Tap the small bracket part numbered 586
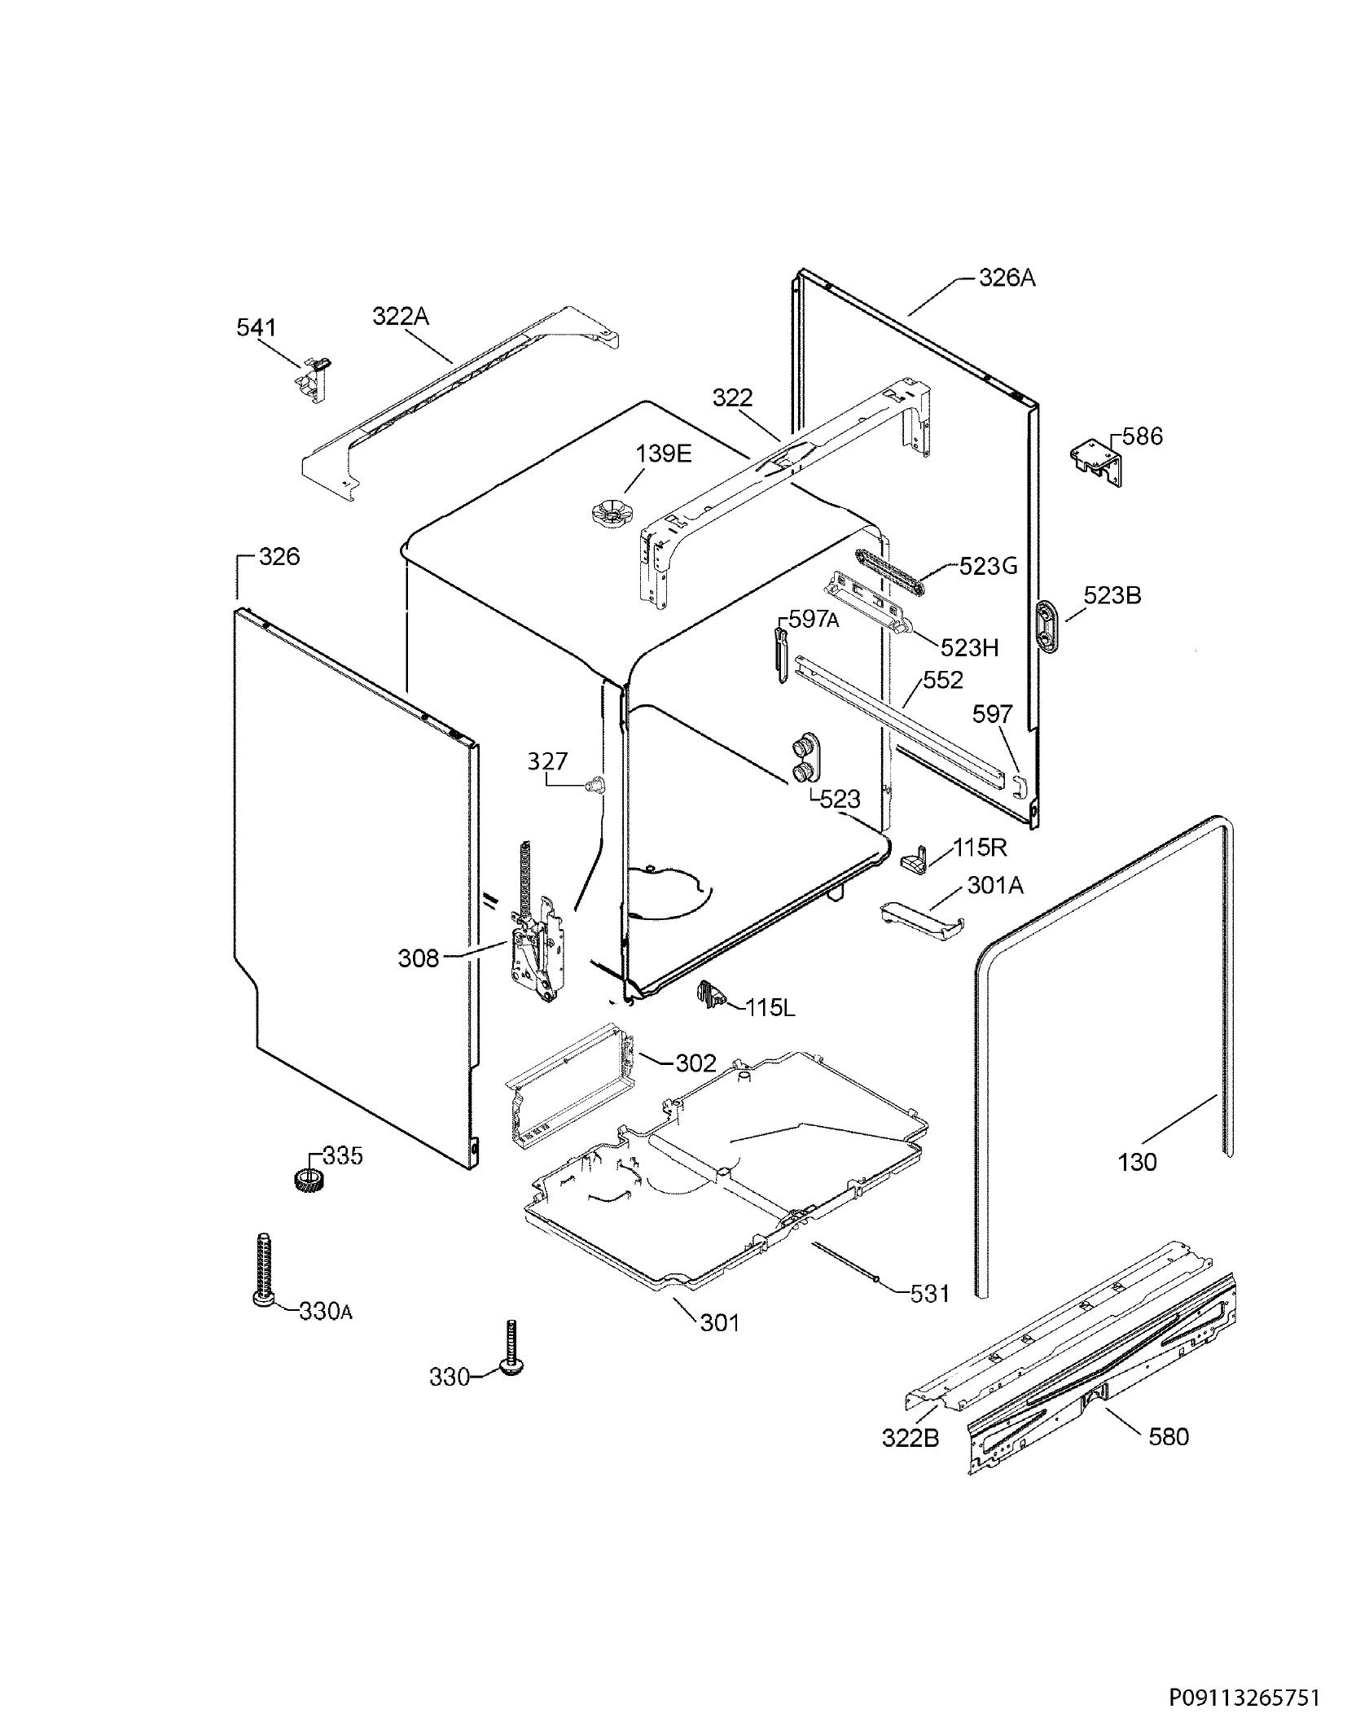pyautogui.click(x=1096, y=460)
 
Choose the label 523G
pyautogui.click(x=989, y=565)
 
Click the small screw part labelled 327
pyautogui.click(x=596, y=784)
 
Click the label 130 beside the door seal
pyautogui.click(x=1137, y=1162)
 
